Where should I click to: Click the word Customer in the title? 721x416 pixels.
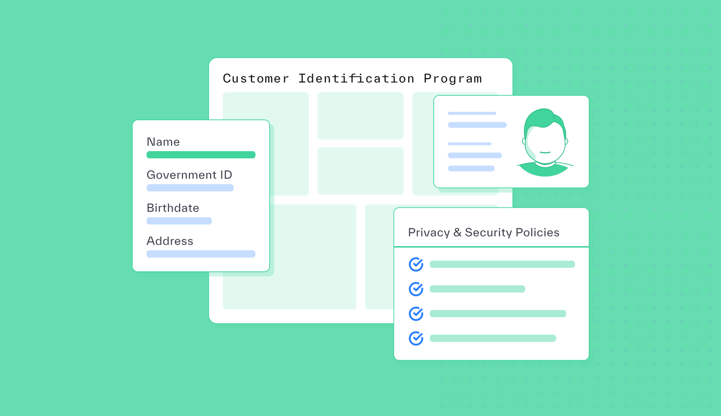pos(256,79)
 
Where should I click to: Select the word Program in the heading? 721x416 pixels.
pos(452,79)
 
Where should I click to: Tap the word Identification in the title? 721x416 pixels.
pos(356,79)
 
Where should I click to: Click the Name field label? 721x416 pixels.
pos(163,142)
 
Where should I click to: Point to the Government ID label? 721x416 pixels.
pos(189,175)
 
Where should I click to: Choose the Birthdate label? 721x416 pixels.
pos(173,208)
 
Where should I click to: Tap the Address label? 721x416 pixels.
pos(170,241)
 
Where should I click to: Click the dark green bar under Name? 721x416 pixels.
pos(201,155)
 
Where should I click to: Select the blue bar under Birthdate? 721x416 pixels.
pos(179,221)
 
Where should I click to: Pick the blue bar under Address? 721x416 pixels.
pos(201,254)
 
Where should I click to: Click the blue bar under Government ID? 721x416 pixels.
pos(190,188)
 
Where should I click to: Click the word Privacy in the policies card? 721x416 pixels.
pos(429,233)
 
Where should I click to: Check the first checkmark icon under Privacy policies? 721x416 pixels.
pos(416,264)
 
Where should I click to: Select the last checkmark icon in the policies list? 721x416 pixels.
pos(416,338)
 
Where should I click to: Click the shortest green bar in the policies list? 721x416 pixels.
pos(477,289)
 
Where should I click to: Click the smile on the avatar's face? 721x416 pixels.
pos(545,152)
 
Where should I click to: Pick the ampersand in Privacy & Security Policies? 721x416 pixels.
pos(457,233)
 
